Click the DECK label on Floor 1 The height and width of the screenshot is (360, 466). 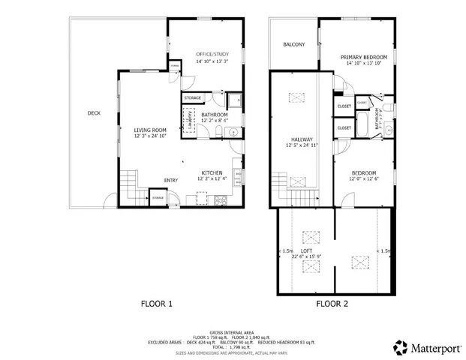point(94,113)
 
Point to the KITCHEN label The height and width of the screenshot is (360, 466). point(210,172)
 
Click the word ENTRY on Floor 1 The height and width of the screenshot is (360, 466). point(171,181)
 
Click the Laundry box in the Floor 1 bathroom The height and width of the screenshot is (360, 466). point(188,118)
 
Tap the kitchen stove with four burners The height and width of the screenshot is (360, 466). point(221,200)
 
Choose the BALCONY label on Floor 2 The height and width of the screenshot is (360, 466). point(293,45)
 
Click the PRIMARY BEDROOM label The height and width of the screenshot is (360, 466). point(364,58)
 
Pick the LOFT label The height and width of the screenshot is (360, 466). point(307,250)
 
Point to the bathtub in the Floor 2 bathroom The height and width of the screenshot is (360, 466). point(362,123)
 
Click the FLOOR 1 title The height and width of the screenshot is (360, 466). point(157,304)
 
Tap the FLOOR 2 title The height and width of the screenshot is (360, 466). point(332,304)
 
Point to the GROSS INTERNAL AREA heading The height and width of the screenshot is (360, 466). point(233,331)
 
